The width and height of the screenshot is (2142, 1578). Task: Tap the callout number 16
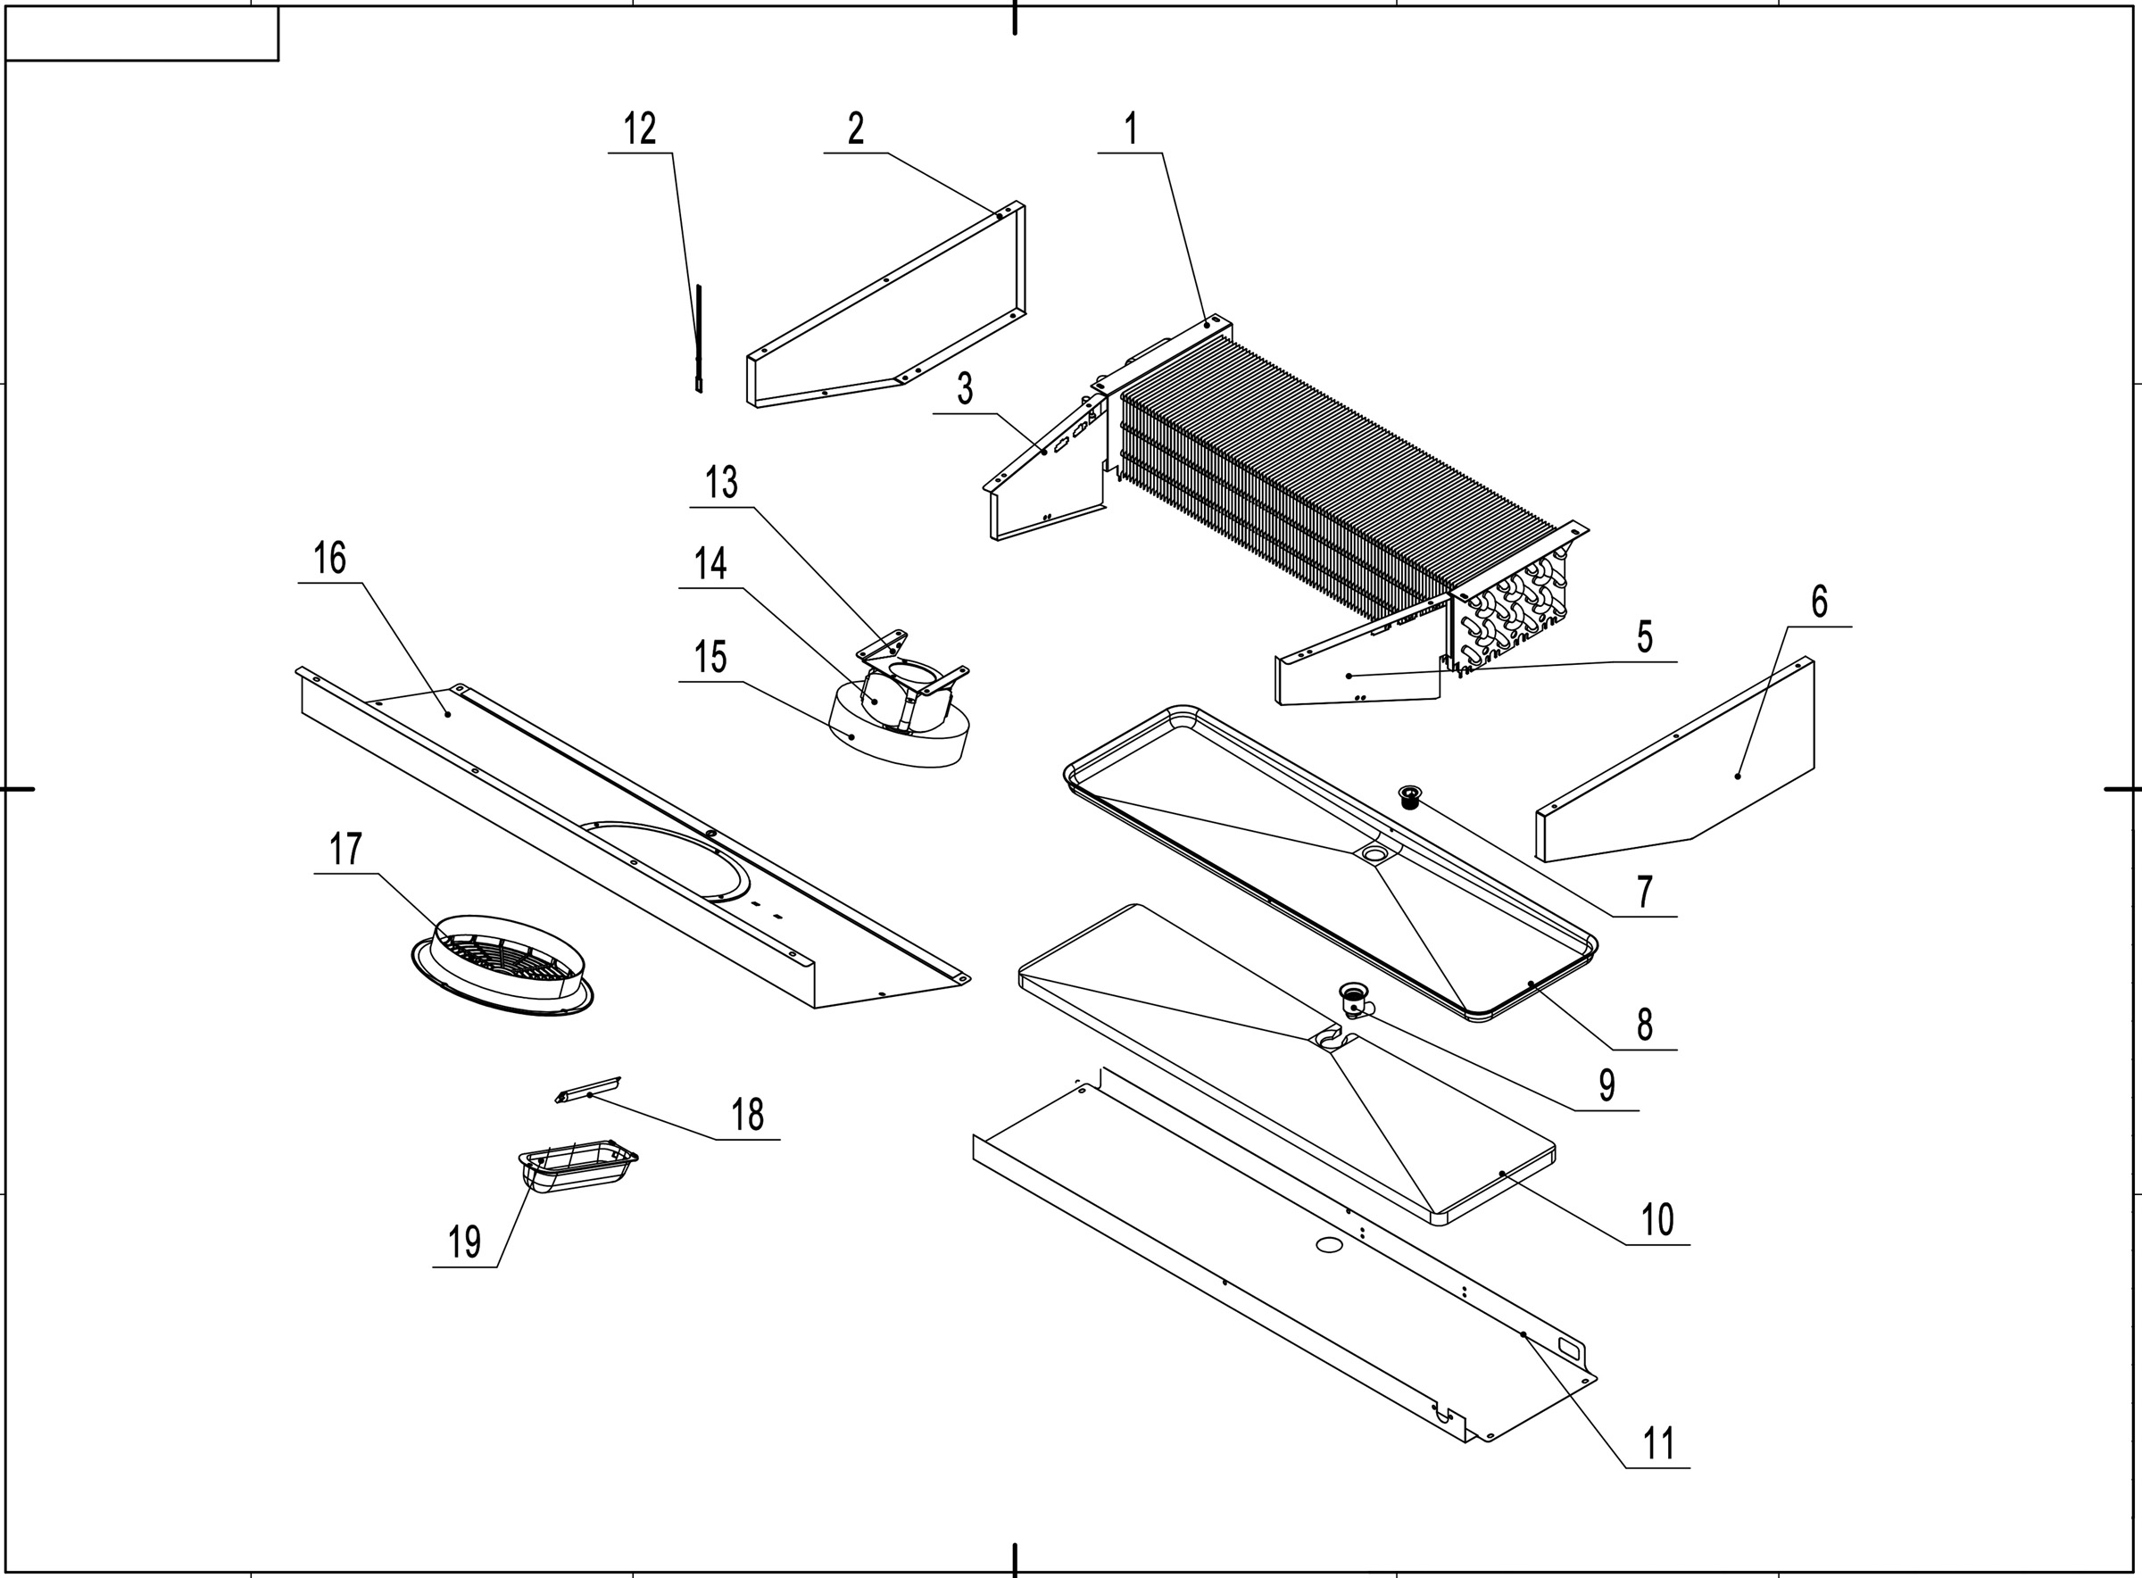[329, 559]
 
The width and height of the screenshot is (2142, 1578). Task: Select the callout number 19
[464, 1242]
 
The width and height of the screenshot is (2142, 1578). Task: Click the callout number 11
[1658, 1442]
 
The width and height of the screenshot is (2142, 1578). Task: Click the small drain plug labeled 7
[1409, 794]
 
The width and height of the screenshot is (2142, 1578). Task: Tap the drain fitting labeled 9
[1355, 1002]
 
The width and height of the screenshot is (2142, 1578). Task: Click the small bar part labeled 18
[587, 1090]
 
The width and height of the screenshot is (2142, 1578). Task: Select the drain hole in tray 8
[1375, 853]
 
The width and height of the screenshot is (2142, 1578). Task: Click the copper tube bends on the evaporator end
[1518, 611]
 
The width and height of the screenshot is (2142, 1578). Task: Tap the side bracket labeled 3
[1046, 478]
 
